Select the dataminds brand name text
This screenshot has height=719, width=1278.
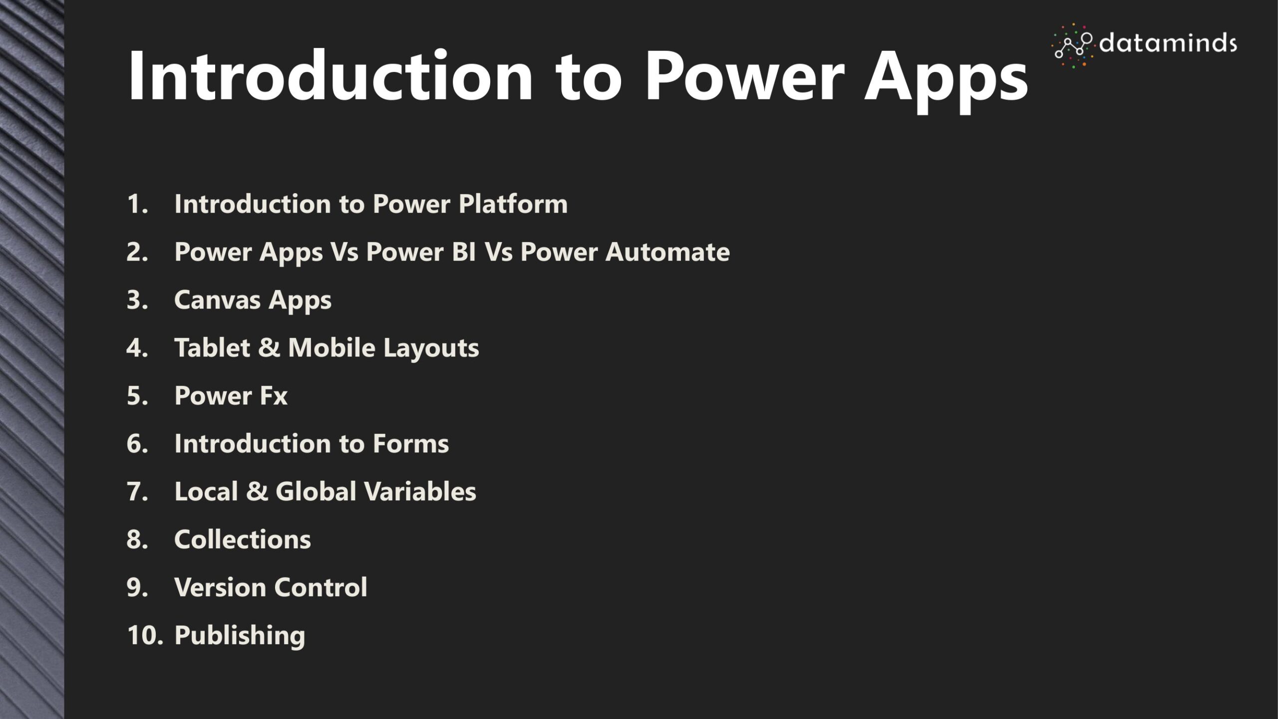pyautogui.click(x=1168, y=43)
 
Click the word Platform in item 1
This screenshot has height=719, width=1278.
pyautogui.click(x=513, y=204)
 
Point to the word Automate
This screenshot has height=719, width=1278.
pyautogui.click(x=667, y=252)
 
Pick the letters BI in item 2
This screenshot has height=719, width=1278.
pyautogui.click(x=463, y=252)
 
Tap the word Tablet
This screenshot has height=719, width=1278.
pyautogui.click(x=212, y=348)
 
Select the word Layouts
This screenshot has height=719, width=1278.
pyautogui.click(x=431, y=349)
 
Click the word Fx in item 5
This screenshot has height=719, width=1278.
pyautogui.click(x=273, y=395)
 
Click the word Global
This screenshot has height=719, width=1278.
pyautogui.click(x=316, y=491)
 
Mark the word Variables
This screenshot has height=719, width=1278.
pyautogui.click(x=420, y=491)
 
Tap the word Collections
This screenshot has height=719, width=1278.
pyautogui.click(x=242, y=539)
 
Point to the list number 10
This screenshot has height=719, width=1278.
pyautogui.click(x=145, y=635)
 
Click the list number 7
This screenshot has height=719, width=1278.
pyautogui.click(x=137, y=491)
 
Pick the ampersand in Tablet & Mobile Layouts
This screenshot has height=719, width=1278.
pyautogui.click(x=269, y=348)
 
